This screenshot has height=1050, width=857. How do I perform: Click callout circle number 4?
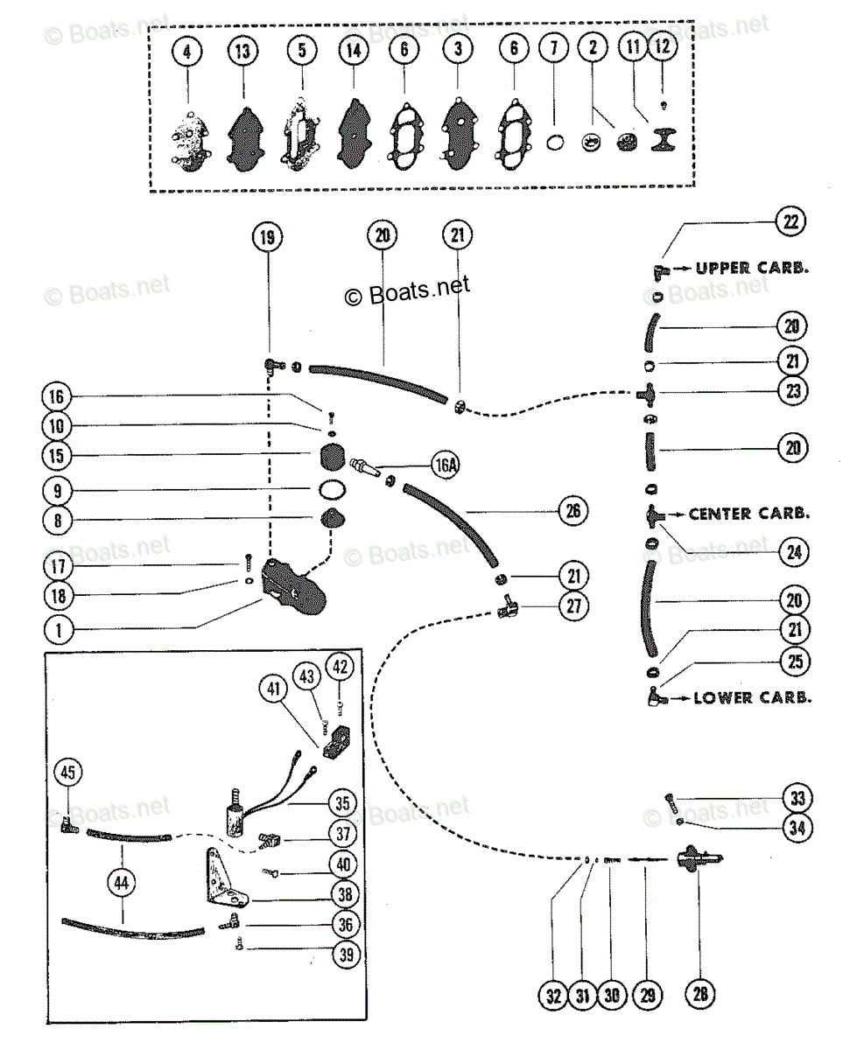coord(186,52)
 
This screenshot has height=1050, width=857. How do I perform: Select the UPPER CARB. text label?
coord(751,269)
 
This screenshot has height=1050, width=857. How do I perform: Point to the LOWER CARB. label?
coord(750,698)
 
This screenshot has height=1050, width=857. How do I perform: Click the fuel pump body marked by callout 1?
coord(293,585)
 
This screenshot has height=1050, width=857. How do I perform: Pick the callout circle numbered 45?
coord(68,772)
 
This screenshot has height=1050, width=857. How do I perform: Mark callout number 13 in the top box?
coord(242,52)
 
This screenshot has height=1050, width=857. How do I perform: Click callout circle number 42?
coord(340,666)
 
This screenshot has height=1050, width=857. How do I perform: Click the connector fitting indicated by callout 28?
coord(698,858)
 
